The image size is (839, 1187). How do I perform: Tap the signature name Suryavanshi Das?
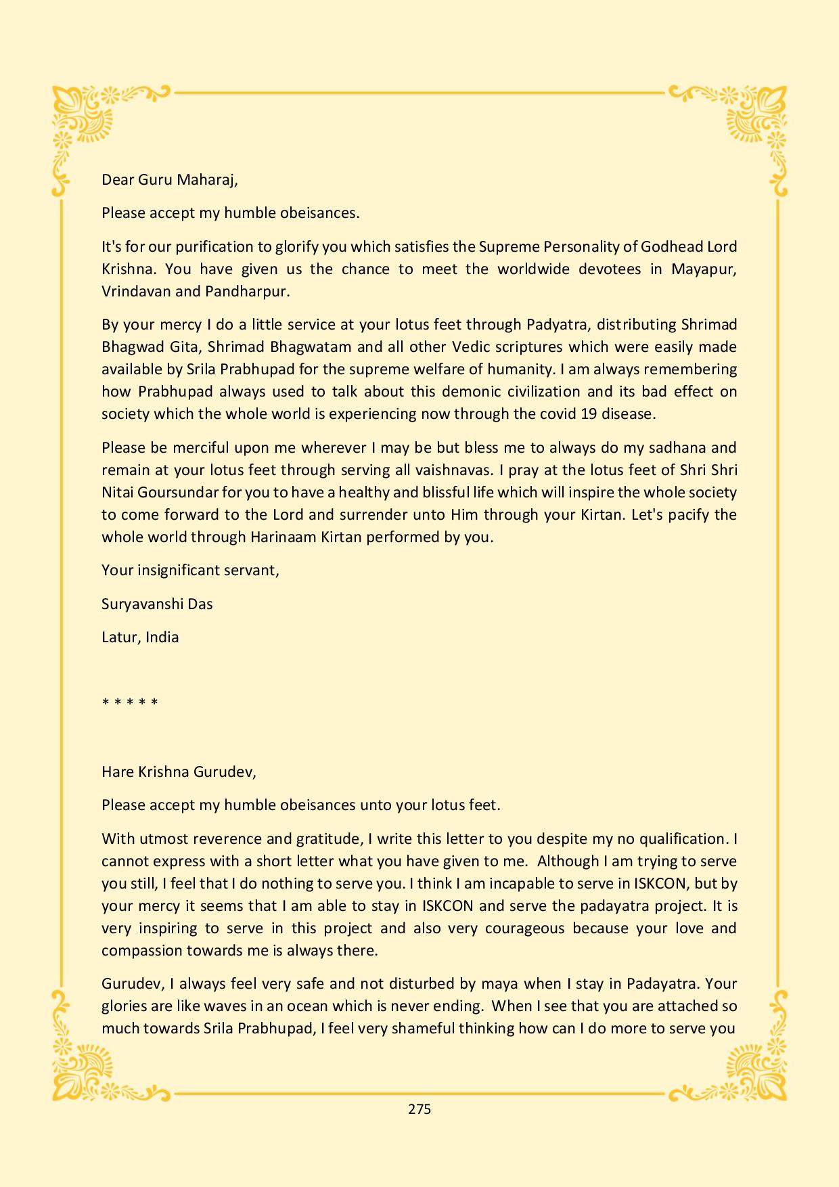point(157,604)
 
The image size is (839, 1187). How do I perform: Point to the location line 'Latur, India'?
point(140,637)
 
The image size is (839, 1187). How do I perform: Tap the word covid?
point(558,414)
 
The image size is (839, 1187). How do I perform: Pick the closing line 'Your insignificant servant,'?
point(190,570)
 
